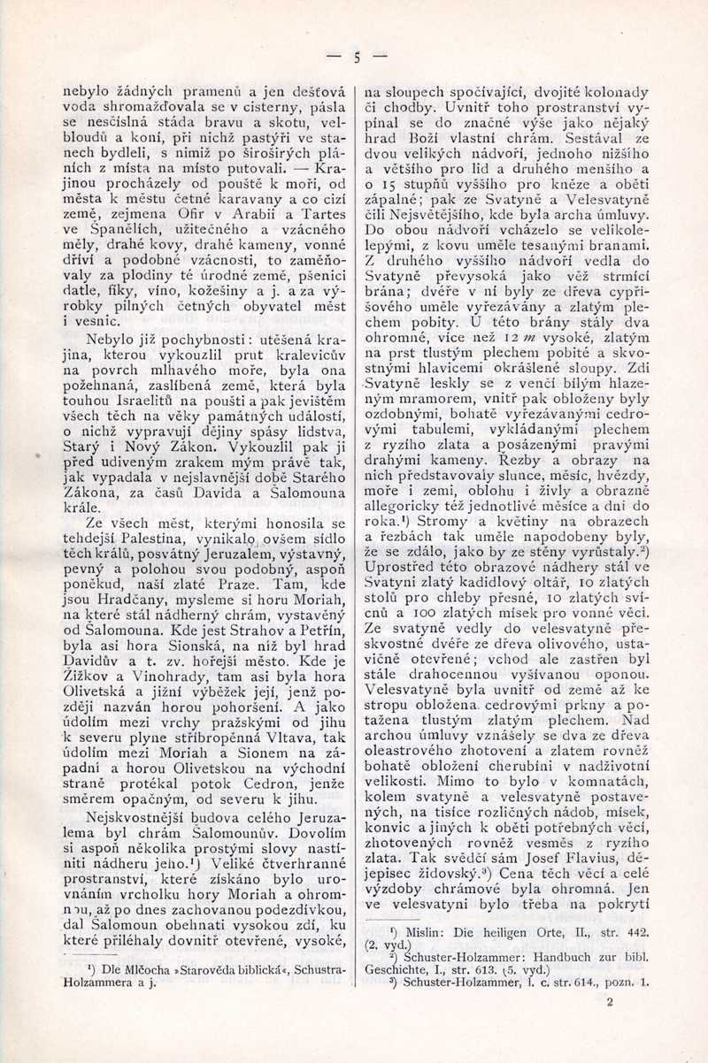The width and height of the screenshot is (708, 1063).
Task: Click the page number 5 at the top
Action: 357,58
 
